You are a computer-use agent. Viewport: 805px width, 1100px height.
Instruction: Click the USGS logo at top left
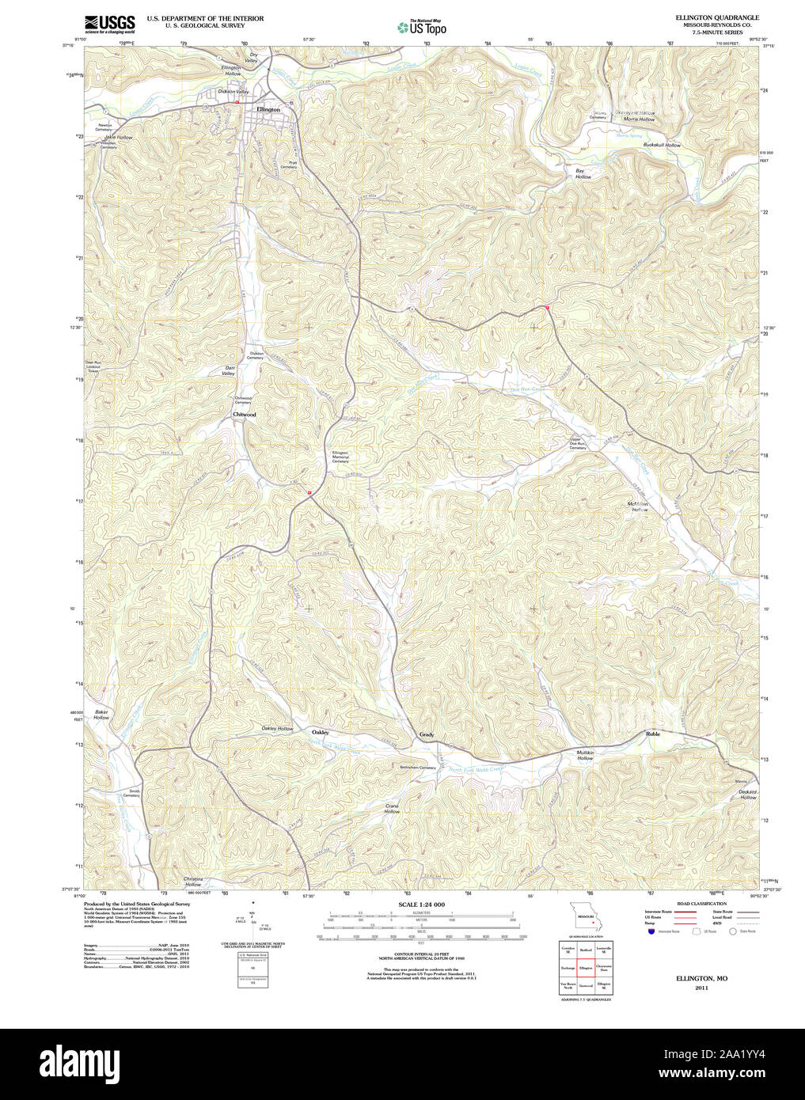click(x=109, y=24)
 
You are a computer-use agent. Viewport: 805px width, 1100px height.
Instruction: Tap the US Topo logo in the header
click(x=422, y=28)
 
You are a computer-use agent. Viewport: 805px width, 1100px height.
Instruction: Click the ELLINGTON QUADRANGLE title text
click(x=716, y=17)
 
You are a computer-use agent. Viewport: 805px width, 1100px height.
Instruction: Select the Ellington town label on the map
click(x=268, y=109)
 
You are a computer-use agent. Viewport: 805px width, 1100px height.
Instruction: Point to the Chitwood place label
click(x=244, y=415)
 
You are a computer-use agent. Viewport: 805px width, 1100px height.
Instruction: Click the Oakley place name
click(x=320, y=732)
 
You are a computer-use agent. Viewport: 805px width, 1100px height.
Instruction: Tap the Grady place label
click(x=427, y=735)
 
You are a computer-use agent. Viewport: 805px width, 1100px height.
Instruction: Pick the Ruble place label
click(x=652, y=734)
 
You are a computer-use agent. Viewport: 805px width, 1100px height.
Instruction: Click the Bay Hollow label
click(x=583, y=174)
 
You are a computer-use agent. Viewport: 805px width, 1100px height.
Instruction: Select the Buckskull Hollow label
click(x=662, y=146)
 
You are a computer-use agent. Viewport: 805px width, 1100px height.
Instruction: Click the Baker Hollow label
click(x=101, y=715)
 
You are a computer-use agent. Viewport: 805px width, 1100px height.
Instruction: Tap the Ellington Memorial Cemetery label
click(x=340, y=457)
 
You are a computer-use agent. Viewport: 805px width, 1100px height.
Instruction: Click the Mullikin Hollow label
click(x=585, y=755)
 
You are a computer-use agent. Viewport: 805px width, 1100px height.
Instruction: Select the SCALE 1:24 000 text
click(x=421, y=905)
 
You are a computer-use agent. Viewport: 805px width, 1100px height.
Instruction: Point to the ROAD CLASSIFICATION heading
click(x=701, y=904)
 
